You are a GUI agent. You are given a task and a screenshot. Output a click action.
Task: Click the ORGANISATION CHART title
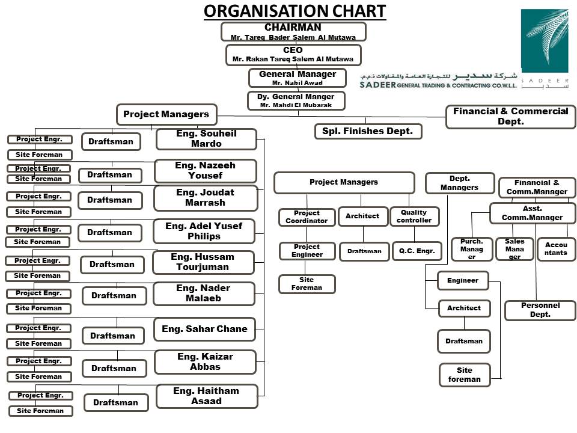pos(295,11)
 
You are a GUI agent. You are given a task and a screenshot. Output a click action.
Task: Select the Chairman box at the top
pos(293,32)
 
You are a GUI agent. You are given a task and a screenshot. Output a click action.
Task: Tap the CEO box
pos(293,55)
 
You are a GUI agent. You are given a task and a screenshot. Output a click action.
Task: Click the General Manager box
pos(298,78)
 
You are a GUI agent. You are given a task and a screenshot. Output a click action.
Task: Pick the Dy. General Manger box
pos(296,100)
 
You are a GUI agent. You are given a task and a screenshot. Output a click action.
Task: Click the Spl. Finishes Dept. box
pos(368,131)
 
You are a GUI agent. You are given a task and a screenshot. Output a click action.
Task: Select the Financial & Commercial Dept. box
pos(511,117)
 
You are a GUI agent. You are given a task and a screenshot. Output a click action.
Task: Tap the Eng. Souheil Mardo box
pos(206,139)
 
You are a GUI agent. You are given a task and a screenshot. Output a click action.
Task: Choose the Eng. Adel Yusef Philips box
pos(204,231)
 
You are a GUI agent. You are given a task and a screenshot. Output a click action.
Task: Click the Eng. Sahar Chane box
pos(204,329)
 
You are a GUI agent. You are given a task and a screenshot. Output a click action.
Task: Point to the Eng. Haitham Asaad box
pos(207,396)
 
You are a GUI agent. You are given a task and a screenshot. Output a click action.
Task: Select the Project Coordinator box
pos(307,217)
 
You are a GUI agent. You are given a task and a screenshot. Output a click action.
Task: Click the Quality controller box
pos(414,216)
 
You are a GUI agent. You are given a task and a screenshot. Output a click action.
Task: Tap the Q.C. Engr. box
pos(417,251)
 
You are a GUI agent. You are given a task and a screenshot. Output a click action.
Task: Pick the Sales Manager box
pos(514,249)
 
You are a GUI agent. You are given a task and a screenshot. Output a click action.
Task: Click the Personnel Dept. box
pos(540,310)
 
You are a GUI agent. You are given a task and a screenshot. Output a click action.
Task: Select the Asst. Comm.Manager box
pos(533,213)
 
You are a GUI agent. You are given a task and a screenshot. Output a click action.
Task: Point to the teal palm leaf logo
pos(545,40)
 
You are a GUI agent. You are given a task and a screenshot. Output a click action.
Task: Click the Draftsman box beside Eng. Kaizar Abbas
pos(114,368)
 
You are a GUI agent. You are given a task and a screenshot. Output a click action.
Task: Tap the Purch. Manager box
pos(472,249)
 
